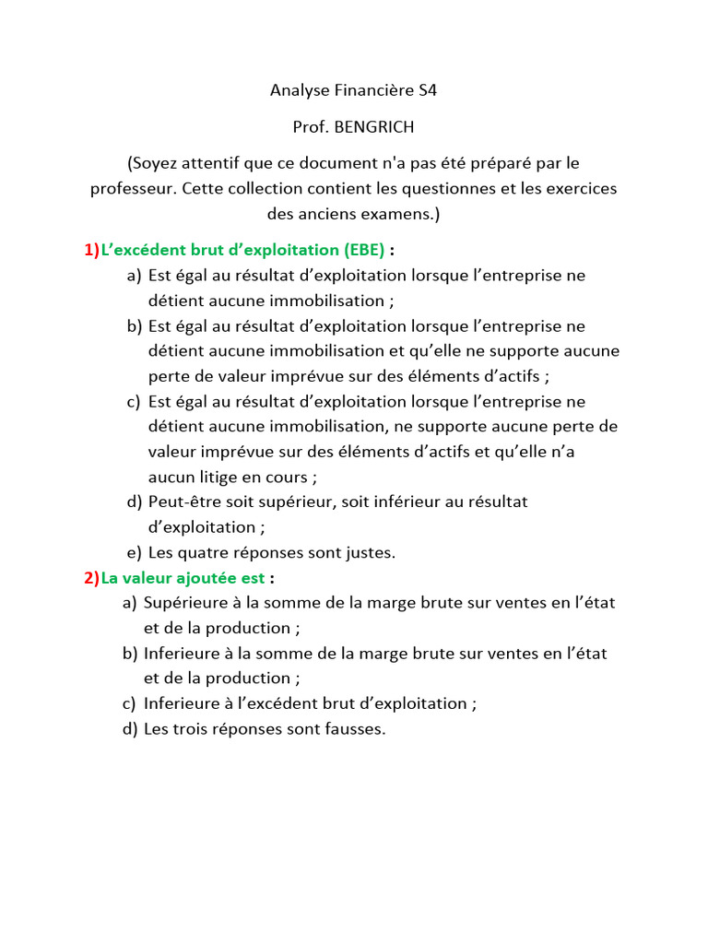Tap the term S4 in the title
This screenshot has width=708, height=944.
(x=427, y=90)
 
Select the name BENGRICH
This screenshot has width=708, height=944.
(x=374, y=127)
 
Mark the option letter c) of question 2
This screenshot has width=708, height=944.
(x=129, y=704)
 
